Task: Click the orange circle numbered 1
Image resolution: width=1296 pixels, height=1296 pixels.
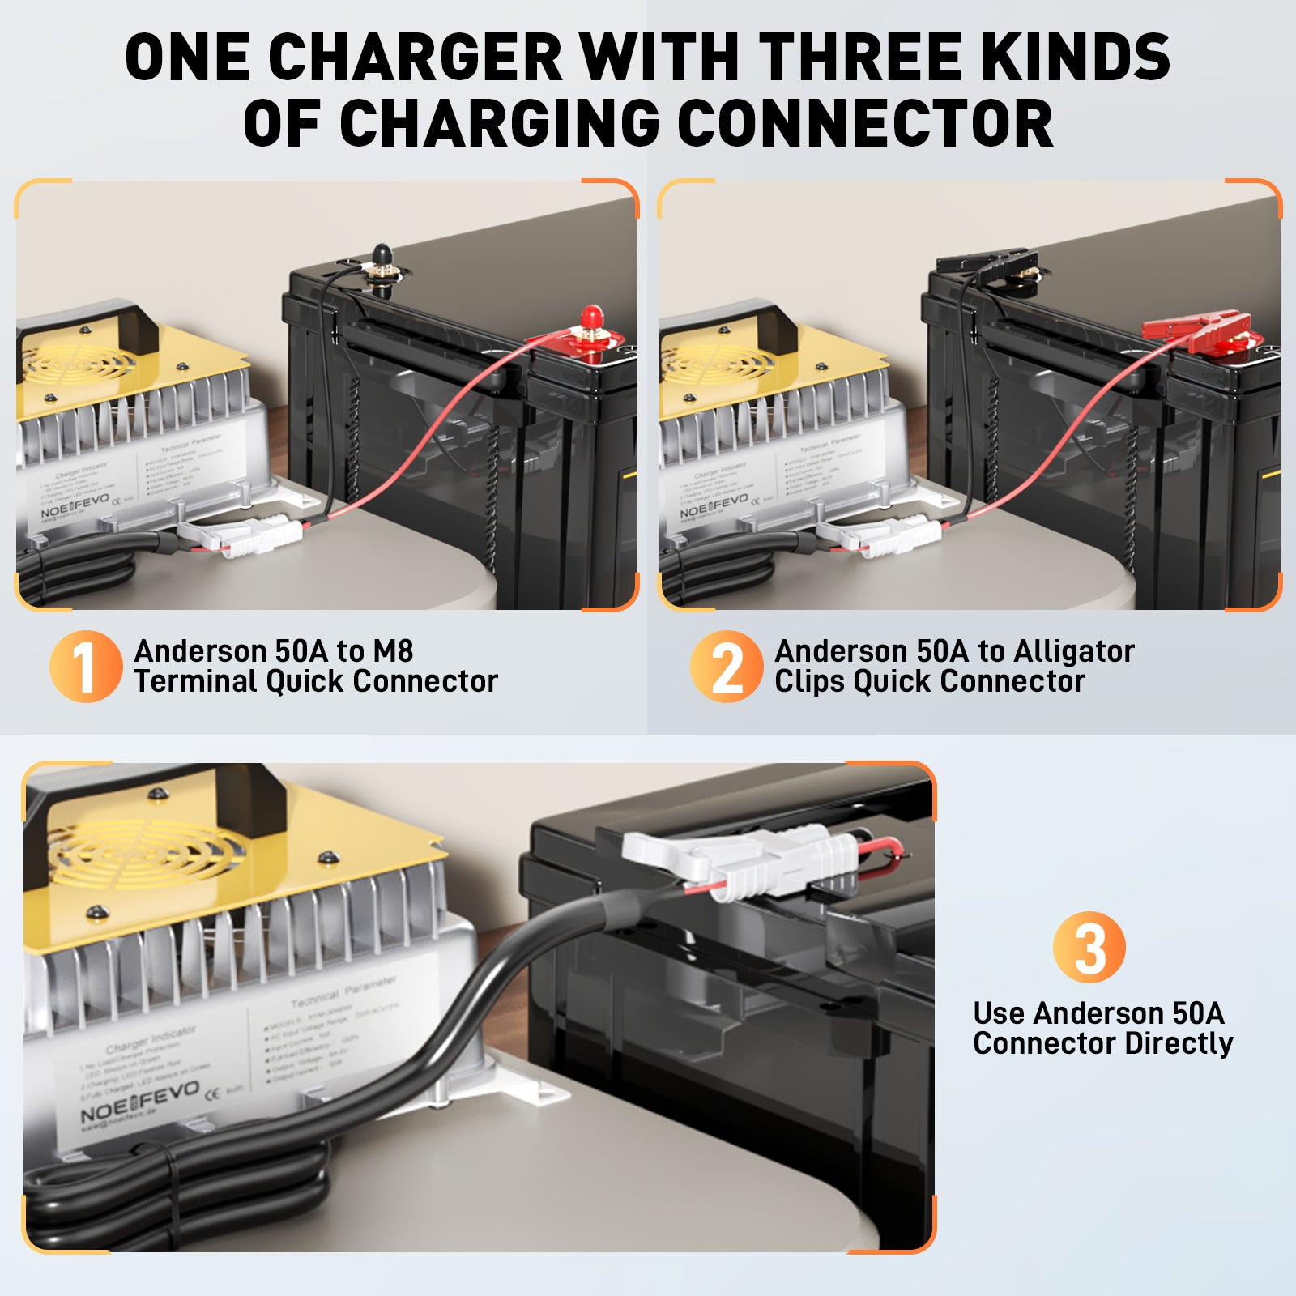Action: pos(85,666)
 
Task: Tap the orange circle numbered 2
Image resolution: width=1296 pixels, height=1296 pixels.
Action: pos(726,666)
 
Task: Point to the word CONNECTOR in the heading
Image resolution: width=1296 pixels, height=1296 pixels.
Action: pos(864,123)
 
